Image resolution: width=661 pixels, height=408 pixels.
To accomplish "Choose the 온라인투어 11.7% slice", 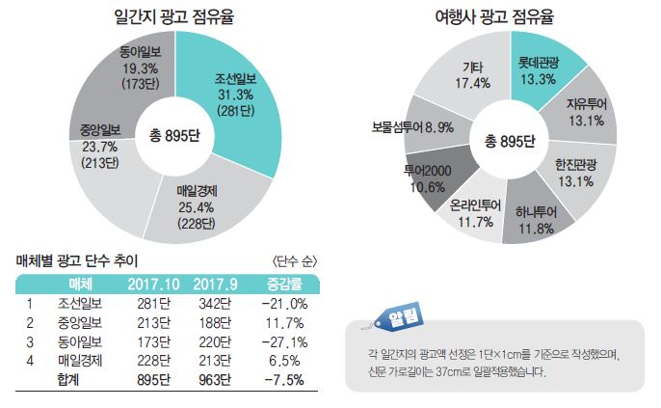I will click(472, 211).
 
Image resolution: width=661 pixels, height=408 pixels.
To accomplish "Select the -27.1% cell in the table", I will click(283, 340).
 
